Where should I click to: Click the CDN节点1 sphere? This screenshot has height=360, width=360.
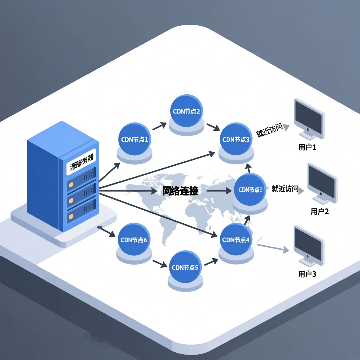click(x=134, y=139)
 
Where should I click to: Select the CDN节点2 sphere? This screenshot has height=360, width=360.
click(x=186, y=111)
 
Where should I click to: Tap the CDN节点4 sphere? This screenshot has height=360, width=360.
click(x=236, y=240)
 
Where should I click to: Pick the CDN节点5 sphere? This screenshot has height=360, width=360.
click(x=185, y=267)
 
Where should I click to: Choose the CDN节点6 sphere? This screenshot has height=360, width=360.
click(x=134, y=240)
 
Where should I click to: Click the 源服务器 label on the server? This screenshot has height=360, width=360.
click(x=82, y=162)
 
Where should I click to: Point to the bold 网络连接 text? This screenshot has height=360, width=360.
click(x=180, y=191)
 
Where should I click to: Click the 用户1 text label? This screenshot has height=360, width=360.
click(x=307, y=147)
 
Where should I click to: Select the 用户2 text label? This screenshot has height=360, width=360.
click(x=320, y=211)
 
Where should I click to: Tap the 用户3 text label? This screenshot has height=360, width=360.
click(x=307, y=274)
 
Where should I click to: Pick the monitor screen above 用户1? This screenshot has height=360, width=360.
click(x=308, y=116)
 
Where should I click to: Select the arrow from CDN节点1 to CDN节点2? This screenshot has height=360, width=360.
click(x=159, y=126)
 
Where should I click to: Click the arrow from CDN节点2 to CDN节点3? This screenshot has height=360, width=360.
click(x=213, y=127)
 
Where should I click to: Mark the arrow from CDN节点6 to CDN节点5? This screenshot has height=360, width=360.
click(x=160, y=263)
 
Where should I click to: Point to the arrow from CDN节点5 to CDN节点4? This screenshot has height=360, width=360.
click(x=211, y=262)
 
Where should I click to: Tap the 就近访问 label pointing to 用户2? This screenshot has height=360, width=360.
click(x=285, y=189)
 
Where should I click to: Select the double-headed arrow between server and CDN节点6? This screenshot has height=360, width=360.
click(x=106, y=231)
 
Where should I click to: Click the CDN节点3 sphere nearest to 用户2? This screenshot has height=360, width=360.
click(x=250, y=189)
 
